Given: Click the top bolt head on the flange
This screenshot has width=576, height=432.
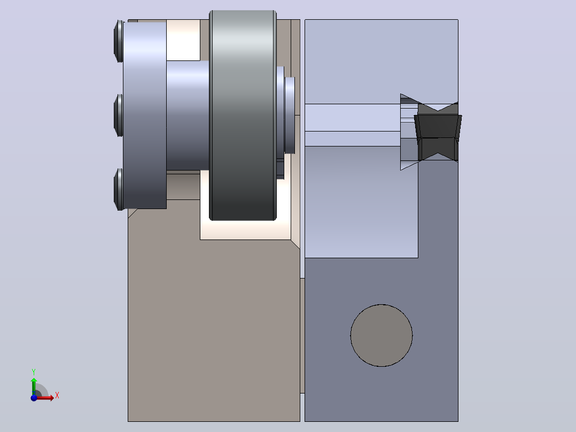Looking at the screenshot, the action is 118,41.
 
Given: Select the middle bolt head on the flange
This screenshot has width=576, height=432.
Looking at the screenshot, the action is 118,115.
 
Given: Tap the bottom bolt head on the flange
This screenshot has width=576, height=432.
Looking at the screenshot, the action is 118,190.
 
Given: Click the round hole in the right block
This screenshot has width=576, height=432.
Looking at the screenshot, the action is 382,335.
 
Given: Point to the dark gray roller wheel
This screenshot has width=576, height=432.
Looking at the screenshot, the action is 243,115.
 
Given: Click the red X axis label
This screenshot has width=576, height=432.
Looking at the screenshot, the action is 57,396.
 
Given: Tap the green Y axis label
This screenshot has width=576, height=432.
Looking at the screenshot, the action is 34,372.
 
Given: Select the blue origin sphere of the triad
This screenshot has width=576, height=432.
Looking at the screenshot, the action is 34,398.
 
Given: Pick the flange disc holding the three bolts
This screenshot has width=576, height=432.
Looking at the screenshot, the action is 145,115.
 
